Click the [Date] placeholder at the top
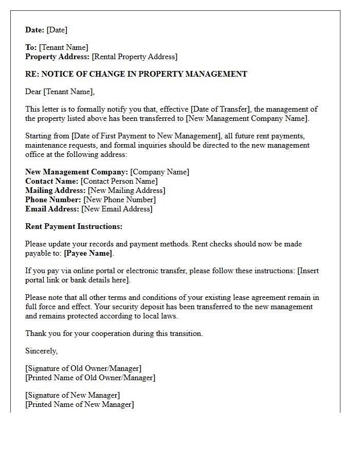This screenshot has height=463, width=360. coord(57,30)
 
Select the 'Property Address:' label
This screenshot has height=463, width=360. coord(57,57)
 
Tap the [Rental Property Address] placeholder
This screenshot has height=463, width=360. coord(134,57)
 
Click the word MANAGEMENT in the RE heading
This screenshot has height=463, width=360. coord(212,74)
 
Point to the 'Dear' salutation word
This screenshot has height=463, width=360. coord(33,92)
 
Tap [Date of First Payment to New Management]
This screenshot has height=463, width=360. coord(147,136)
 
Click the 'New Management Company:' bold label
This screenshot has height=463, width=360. coord(77,172)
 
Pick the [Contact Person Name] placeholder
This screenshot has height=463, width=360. coord(119,181)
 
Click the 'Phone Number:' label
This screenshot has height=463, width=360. coord(53,200)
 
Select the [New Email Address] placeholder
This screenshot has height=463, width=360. coord(117,209)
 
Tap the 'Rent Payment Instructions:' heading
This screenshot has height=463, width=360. coord(74,226)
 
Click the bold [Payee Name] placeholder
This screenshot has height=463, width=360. coord(88,253)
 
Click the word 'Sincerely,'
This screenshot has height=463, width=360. coord(42,351)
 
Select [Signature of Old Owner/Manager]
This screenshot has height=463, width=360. coord(83,368)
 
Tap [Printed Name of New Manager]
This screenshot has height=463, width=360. coord(80,404)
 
